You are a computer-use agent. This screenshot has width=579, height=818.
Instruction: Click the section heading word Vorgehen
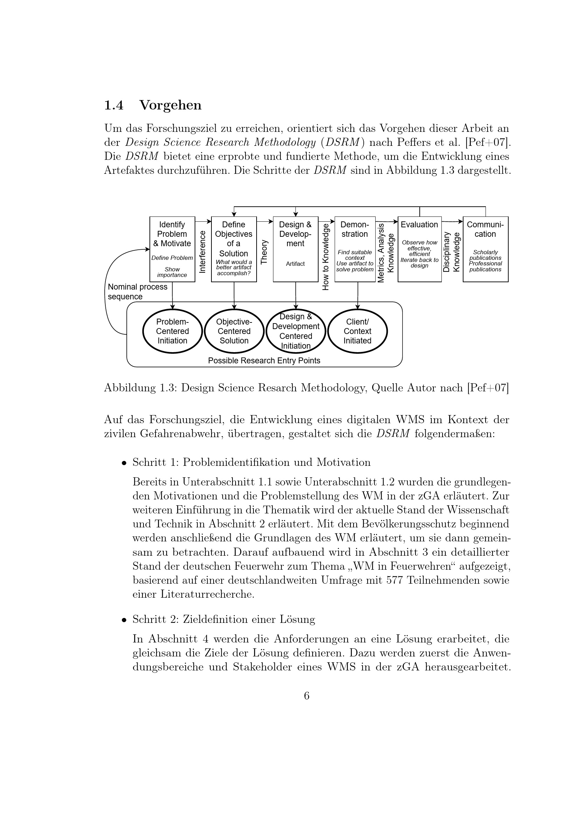point(170,105)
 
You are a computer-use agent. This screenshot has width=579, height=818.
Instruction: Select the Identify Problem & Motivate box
point(172,249)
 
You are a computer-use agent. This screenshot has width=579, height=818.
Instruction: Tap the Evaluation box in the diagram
point(419,249)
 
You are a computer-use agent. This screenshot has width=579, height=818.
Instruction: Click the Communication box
point(485,249)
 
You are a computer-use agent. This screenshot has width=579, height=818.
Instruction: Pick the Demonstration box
point(355,249)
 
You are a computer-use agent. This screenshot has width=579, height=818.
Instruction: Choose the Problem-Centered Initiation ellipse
point(172,331)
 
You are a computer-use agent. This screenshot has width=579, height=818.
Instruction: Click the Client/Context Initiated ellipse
point(357,331)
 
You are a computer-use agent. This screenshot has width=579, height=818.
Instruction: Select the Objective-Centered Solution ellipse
point(234,331)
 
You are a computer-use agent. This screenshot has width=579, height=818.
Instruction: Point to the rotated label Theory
point(264,252)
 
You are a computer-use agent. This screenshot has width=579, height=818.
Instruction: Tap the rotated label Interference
point(202,252)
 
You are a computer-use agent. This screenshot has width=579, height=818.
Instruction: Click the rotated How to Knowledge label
point(326,256)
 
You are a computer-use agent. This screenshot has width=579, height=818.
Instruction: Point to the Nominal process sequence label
point(137,292)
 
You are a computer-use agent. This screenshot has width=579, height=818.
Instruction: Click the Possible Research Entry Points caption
point(264,361)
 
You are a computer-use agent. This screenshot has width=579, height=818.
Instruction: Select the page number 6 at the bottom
point(307,696)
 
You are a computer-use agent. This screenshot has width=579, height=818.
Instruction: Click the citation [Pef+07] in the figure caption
point(488,387)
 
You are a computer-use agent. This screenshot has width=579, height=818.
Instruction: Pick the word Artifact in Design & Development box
point(295,264)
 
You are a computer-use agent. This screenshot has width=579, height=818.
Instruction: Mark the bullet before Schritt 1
point(124,463)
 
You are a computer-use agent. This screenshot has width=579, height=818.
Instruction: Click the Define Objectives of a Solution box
point(234,249)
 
